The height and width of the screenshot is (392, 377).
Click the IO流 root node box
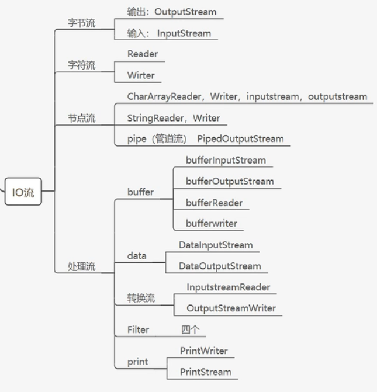[23, 192]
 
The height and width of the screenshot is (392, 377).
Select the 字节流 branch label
[82, 23]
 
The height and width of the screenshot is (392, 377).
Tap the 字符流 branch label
[82, 65]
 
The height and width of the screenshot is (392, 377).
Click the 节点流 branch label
[82, 118]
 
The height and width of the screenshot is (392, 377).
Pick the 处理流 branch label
[82, 266]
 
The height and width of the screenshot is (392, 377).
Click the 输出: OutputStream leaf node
[171, 12]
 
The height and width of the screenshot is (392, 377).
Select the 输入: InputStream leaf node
[169, 33]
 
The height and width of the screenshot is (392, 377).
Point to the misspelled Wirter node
[141, 75]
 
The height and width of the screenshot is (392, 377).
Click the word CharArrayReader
[163, 96]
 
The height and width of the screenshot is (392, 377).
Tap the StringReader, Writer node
[174, 118]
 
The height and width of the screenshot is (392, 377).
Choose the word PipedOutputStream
[240, 139]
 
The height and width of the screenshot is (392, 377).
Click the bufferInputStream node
[226, 160]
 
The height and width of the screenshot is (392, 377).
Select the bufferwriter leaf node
[211, 223]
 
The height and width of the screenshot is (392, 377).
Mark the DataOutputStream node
[220, 266]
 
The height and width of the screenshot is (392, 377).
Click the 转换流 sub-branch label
[141, 298]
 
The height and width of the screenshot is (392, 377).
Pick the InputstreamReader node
[228, 287]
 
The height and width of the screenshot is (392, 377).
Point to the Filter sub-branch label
[139, 330]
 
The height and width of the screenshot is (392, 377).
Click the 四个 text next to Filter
[190, 330]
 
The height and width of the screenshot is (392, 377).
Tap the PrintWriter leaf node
[204, 351]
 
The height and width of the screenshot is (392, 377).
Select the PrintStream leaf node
[205, 372]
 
